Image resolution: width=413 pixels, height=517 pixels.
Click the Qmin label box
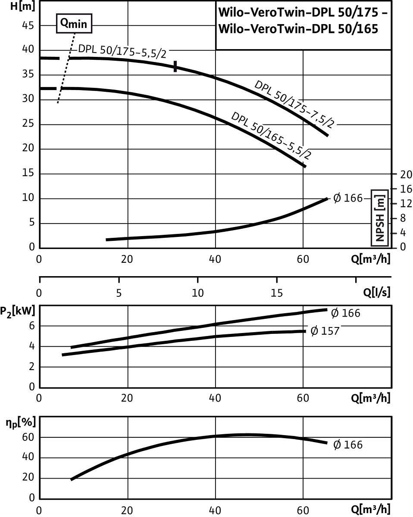[x=74, y=23]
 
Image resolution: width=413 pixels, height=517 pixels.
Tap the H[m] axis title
[x=22, y=6]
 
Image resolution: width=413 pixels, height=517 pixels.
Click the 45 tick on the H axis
[x=28, y=25]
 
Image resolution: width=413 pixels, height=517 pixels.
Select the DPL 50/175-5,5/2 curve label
[x=122, y=51]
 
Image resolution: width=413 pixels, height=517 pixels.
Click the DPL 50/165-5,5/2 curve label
[x=271, y=136]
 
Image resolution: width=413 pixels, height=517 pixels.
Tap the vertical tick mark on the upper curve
[x=175, y=66]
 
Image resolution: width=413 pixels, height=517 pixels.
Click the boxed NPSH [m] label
[x=380, y=218]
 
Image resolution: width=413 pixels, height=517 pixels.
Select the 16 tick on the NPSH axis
[x=406, y=189]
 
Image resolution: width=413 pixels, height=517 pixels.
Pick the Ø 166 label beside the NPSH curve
[x=348, y=198]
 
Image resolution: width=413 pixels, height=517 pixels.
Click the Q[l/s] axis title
[x=377, y=292]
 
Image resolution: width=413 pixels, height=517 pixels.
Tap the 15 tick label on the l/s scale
[x=277, y=293]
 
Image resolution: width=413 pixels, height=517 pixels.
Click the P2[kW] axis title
[x=18, y=312]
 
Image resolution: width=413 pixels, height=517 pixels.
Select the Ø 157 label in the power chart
[x=325, y=331]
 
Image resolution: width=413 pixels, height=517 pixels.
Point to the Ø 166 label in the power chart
[x=346, y=313]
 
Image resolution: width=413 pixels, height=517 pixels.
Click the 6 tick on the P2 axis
[x=32, y=326]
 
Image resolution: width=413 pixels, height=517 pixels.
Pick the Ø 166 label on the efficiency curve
[x=348, y=445]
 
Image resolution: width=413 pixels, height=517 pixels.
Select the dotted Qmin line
[x=66, y=68]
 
